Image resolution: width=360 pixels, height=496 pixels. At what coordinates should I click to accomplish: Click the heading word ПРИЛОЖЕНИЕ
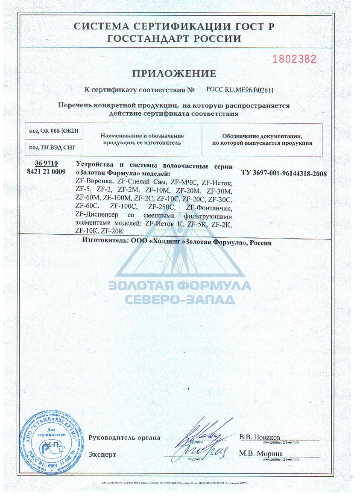174,74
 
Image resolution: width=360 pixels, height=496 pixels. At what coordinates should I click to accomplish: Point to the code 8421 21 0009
47,172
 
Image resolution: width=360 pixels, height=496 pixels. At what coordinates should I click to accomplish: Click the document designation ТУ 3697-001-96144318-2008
284,173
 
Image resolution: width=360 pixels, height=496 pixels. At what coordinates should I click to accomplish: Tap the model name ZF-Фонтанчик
209,208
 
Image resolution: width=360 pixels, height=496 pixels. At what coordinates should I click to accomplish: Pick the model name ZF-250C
158,208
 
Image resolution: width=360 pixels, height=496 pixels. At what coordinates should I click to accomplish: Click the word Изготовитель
101,242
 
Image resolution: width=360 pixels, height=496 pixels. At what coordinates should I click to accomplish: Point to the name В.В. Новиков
260,437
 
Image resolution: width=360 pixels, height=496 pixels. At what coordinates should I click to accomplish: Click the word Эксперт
102,455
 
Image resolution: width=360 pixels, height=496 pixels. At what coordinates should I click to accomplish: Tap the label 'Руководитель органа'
124,438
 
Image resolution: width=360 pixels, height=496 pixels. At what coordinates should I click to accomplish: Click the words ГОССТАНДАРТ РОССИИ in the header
174,39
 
